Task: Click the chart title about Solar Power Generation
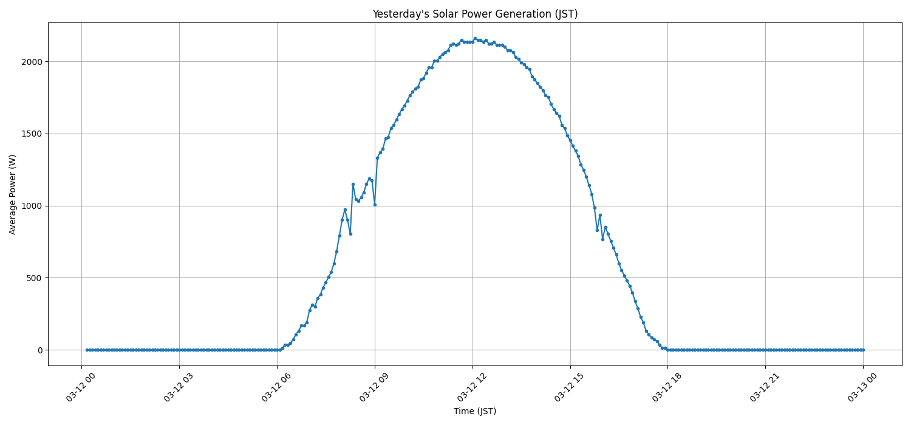click(475, 14)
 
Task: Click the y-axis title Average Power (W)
click(13, 194)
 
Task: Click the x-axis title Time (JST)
click(475, 411)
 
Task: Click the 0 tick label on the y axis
click(40, 350)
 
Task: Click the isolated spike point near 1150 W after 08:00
click(353, 184)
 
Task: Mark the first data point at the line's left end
click(87, 350)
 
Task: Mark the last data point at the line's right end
click(863, 350)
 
